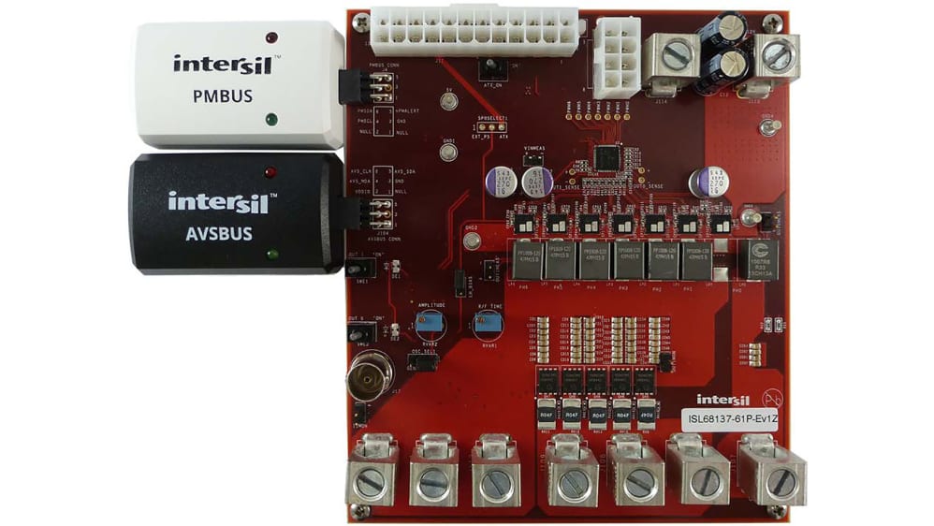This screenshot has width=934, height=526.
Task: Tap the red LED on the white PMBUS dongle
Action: [271, 38]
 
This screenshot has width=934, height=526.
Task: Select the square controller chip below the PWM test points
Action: [607, 157]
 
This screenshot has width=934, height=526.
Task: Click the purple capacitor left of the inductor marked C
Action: [704, 182]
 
